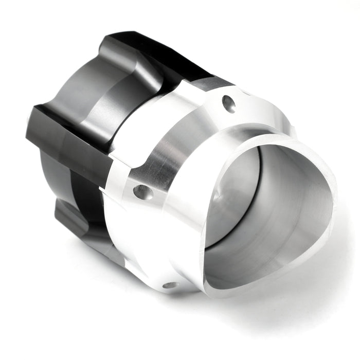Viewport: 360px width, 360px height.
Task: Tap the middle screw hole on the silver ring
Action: (142, 192)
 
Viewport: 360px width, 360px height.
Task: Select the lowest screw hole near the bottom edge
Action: (170, 284)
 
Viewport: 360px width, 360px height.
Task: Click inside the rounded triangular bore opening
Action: (273, 206)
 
